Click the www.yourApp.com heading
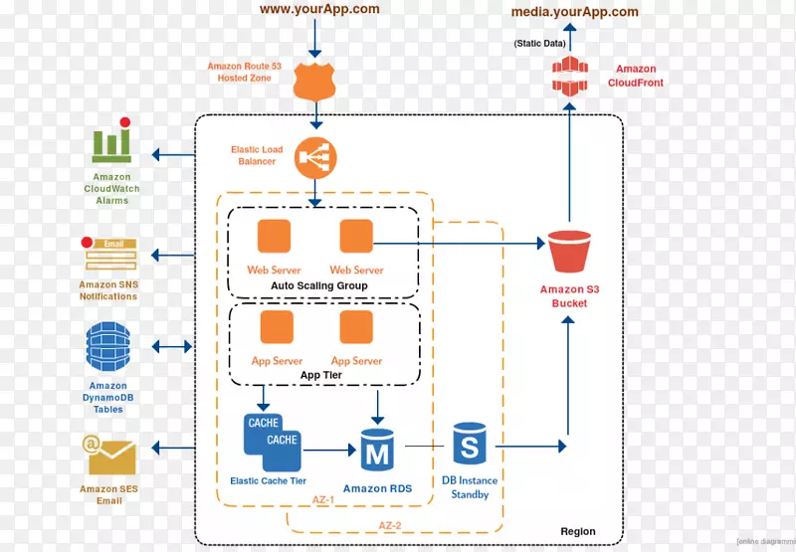(x=319, y=9)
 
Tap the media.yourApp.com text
(x=574, y=12)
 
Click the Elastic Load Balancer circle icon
(x=316, y=157)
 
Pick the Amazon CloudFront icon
(x=568, y=78)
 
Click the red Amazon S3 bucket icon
(x=569, y=252)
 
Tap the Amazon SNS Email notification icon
(x=110, y=256)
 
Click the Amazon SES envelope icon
(x=109, y=458)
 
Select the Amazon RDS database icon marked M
(x=377, y=451)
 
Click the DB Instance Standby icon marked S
(x=470, y=444)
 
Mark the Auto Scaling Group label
(x=319, y=285)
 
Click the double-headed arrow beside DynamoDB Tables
(x=171, y=347)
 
